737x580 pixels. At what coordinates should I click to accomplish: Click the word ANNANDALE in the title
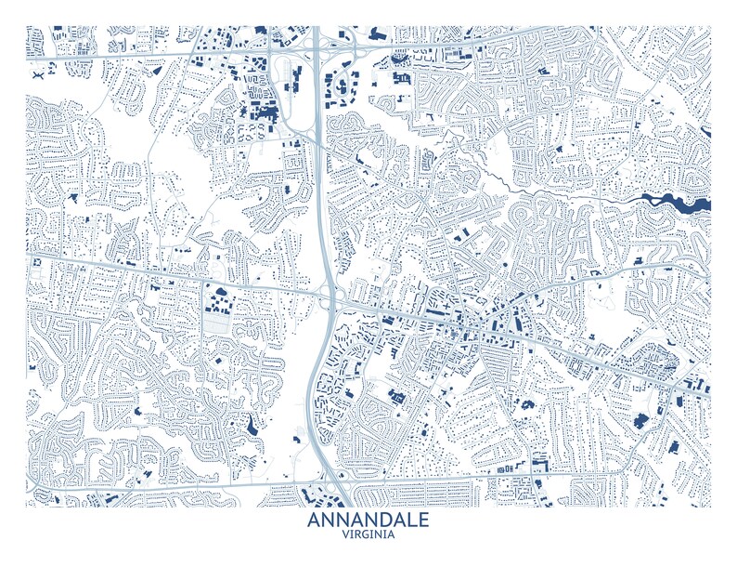coord(368,520)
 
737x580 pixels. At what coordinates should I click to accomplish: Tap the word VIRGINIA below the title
coord(368,535)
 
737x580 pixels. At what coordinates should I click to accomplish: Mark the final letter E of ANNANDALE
coord(423,520)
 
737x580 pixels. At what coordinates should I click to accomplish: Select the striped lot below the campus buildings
coord(216,324)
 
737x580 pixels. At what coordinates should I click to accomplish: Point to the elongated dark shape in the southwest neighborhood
coord(252,426)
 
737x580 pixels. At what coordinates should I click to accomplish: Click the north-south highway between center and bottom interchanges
coord(315,390)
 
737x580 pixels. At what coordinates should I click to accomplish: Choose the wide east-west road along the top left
coord(139,58)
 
